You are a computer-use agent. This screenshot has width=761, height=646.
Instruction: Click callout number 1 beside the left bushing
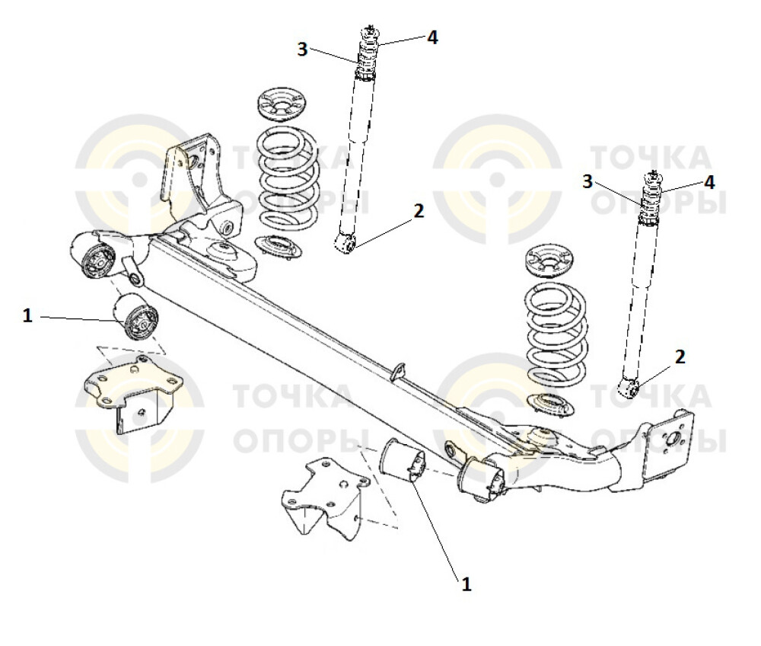point(28,315)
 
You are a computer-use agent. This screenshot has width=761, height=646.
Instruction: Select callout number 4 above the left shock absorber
point(432,37)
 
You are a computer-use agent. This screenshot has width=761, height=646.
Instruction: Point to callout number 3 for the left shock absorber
point(302,50)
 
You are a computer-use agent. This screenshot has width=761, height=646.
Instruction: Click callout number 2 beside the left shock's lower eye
point(418,211)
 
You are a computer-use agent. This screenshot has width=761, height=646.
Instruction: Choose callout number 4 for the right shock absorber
point(709,182)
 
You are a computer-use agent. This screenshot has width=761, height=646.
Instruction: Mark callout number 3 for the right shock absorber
point(587,181)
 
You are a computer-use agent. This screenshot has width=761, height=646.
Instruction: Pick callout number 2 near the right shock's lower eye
point(680,356)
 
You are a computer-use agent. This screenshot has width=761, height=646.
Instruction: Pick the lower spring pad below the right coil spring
point(550,405)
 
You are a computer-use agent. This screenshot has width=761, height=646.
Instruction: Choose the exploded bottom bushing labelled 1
point(407,462)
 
